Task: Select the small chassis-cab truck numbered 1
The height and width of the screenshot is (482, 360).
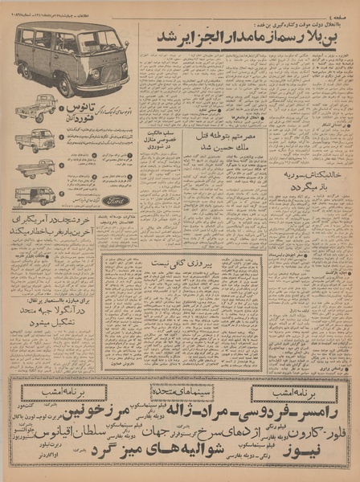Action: [36, 110]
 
